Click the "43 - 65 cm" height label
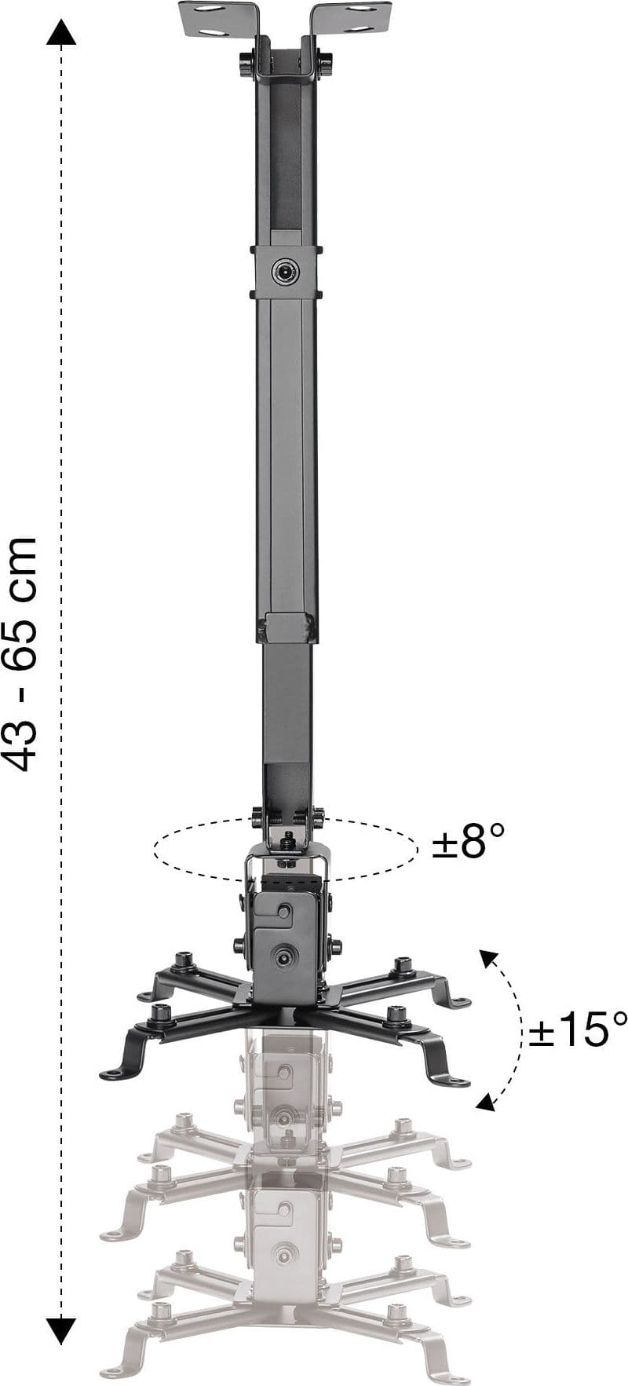(x=20, y=653)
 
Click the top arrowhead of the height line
(x=60, y=32)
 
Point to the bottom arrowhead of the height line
(x=60, y=1330)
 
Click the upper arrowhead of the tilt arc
(x=488, y=957)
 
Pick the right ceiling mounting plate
(x=352, y=19)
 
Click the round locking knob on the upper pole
(x=285, y=272)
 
